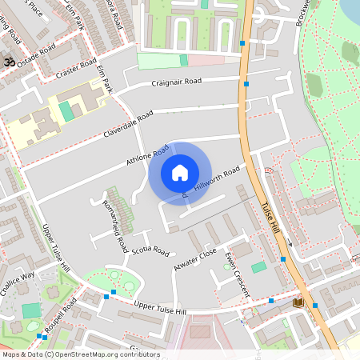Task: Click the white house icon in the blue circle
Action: pyautogui.click(x=179, y=172)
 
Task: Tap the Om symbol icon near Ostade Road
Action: pyautogui.click(x=10, y=62)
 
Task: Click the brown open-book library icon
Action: pyautogui.click(x=298, y=302)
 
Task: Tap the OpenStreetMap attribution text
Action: pyautogui.click(x=80, y=354)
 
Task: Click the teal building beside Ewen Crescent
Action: pyautogui.click(x=258, y=267)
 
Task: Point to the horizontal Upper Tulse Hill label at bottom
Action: pyautogui.click(x=160, y=309)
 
